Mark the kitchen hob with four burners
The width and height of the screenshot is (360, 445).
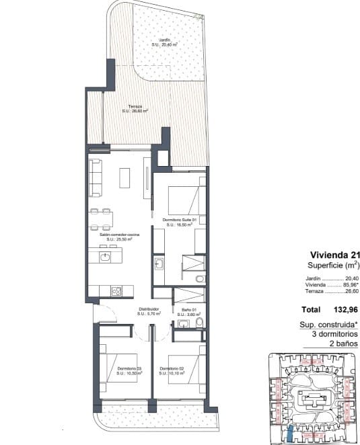[x=115, y=291]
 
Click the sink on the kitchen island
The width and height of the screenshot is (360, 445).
[x=104, y=257]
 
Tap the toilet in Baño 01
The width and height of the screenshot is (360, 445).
[x=200, y=325]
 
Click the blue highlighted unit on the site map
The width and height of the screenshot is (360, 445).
[x=290, y=434]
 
